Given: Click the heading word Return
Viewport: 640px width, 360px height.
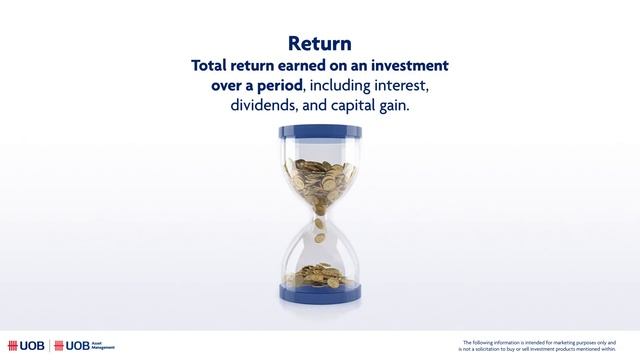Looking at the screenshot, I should pyautogui.click(x=319, y=44).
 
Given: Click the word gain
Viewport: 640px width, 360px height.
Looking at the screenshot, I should pyautogui.click(x=393, y=105).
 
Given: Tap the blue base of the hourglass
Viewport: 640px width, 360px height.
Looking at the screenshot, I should pyautogui.click(x=319, y=297).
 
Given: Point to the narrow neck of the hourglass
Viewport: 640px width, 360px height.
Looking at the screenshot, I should pyautogui.click(x=319, y=219).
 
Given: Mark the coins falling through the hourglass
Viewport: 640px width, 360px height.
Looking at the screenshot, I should pyautogui.click(x=319, y=232).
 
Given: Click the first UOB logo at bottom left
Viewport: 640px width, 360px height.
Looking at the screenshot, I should pyautogui.click(x=28, y=346).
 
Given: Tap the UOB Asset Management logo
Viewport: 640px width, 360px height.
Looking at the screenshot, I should pyautogui.click(x=91, y=346).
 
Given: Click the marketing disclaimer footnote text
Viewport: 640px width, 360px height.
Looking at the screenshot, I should pyautogui.click(x=545, y=346).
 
